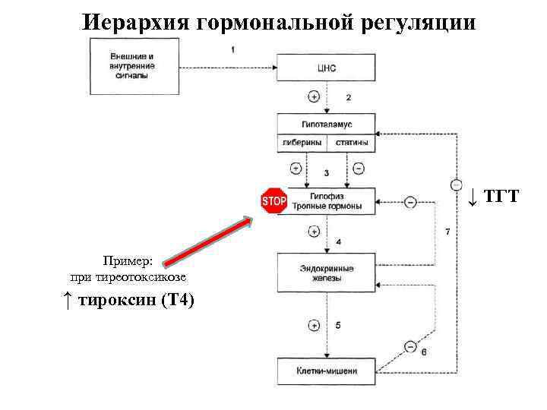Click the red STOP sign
tap(273, 201)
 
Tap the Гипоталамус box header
tap(326, 124)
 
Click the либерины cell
tap(301, 142)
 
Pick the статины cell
tap(351, 142)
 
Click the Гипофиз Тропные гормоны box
tap(326, 201)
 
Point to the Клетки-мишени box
tap(326, 371)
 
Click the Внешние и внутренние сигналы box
tap(131, 65)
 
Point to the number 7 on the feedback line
tap(447, 231)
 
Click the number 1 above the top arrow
tap(232, 49)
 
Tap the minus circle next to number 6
tap(410, 347)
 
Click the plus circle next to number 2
tap(313, 96)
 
